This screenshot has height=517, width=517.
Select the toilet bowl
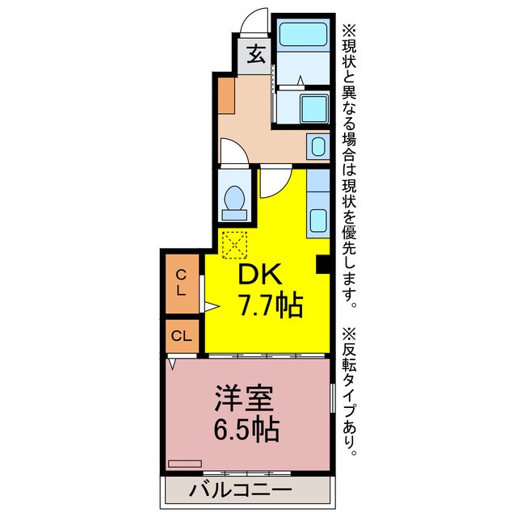coord(236,199)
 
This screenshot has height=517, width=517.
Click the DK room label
coord(258,275)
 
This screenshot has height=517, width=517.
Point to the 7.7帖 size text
coord(269,305)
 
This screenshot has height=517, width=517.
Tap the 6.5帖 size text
coord(246,428)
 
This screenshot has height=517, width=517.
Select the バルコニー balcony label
coord(240,489)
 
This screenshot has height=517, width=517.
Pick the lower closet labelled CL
coord(182,335)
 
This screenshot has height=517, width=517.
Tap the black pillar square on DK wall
coord(322,263)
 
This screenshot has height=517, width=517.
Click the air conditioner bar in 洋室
coord(185,463)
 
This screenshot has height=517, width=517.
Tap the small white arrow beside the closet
coord(211,306)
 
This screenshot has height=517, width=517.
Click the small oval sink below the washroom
coord(317,147)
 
